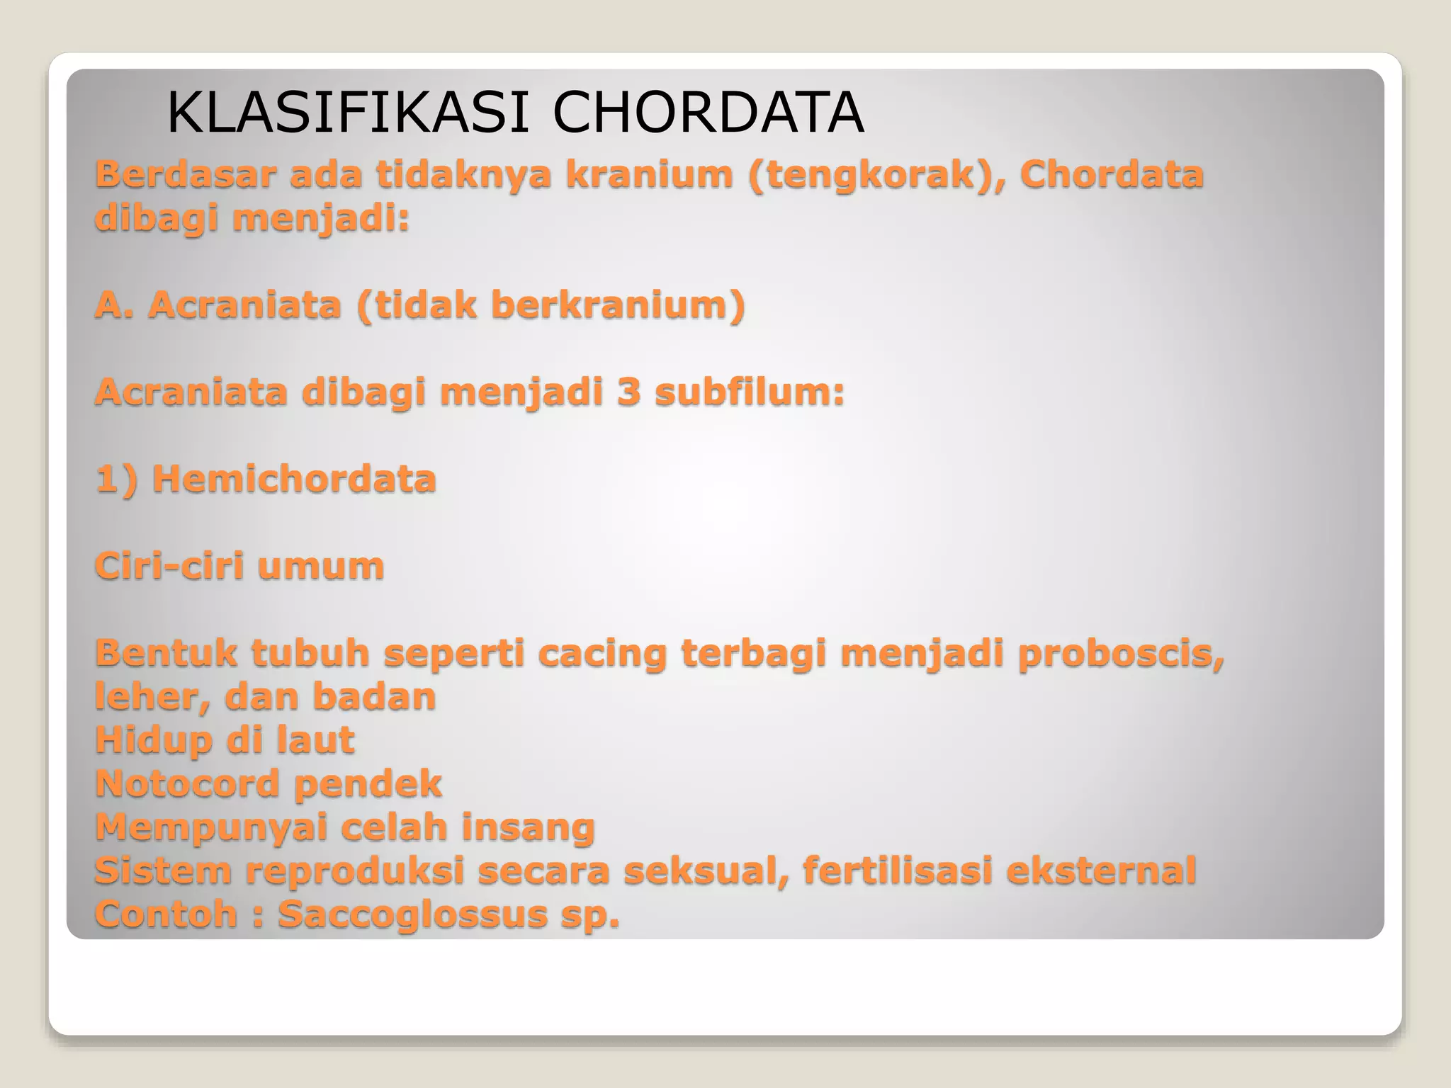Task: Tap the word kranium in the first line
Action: pos(649,174)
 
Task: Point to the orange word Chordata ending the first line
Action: pos(1112,174)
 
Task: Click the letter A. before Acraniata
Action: pos(114,305)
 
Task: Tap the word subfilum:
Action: pos(750,392)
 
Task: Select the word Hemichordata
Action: pos(294,479)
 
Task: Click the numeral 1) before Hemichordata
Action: pos(115,479)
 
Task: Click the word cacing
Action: pos(602,653)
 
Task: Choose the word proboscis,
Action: pos(1121,653)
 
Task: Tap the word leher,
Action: pos(152,696)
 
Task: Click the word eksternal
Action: pos(1101,871)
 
